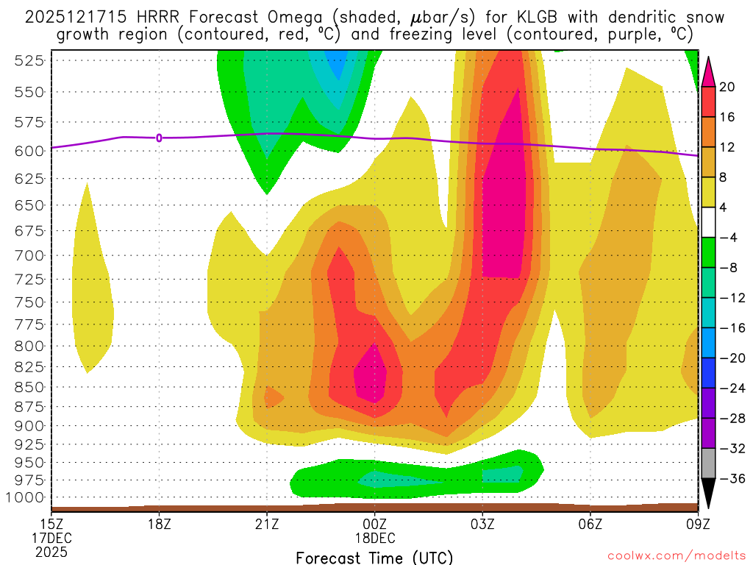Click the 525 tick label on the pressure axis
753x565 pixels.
click(27, 61)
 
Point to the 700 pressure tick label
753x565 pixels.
click(27, 256)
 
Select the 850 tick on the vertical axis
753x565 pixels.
click(27, 387)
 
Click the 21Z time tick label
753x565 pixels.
click(267, 525)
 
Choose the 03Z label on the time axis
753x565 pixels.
click(482, 525)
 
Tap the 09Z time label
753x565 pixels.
click(697, 525)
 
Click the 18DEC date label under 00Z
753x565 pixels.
click(374, 538)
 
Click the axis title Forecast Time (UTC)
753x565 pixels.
click(374, 557)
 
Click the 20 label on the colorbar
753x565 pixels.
click(727, 87)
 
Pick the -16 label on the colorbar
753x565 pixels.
click(727, 328)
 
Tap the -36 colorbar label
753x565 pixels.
click(727, 479)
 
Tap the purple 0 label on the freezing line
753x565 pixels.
click(159, 138)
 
